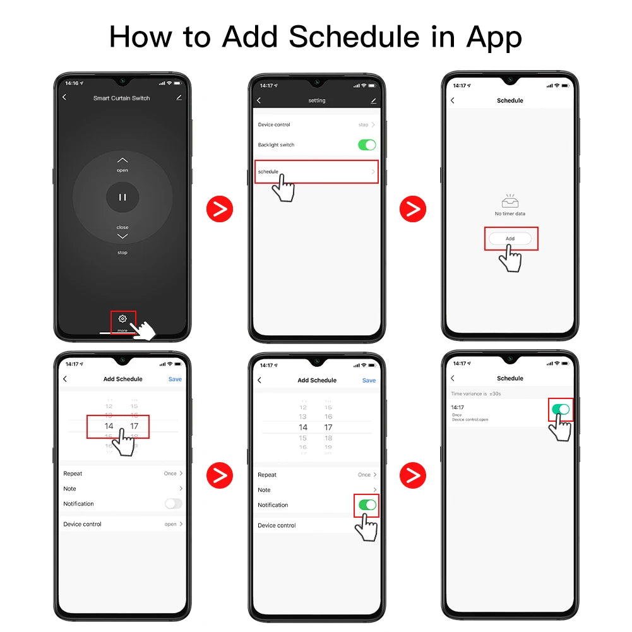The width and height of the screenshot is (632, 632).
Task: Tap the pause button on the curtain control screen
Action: pyautogui.click(x=122, y=197)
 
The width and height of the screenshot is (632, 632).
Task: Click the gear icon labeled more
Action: pyautogui.click(x=122, y=319)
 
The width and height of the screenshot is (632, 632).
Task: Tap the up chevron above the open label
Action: pyautogui.click(x=122, y=160)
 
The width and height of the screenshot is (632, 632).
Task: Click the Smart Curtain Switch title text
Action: pyautogui.click(x=121, y=98)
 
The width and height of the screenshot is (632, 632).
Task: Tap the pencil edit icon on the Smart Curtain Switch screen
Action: pyautogui.click(x=179, y=97)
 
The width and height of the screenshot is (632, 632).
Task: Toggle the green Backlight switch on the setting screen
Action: pyautogui.click(x=367, y=145)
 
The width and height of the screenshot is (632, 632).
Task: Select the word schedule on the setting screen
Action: pyautogui.click(x=268, y=172)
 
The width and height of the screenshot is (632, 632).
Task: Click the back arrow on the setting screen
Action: pyautogui.click(x=259, y=100)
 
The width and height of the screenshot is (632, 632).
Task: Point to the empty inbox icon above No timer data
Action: pyautogui.click(x=510, y=201)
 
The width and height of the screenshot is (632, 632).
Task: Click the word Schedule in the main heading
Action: pyautogui.click(x=352, y=37)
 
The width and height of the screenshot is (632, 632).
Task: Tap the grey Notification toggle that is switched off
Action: pyautogui.click(x=173, y=504)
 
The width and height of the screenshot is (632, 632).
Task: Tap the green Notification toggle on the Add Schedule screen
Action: pyautogui.click(x=367, y=504)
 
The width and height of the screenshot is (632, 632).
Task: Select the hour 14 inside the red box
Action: pyautogui.click(x=109, y=426)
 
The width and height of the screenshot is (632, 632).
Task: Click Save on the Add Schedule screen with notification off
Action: pyautogui.click(x=175, y=379)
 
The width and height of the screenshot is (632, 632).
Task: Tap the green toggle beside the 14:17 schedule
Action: pyautogui.click(x=561, y=409)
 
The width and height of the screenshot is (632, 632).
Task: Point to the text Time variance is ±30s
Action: pyautogui.click(x=476, y=393)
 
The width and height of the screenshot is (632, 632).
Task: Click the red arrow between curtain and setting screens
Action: pyautogui.click(x=220, y=209)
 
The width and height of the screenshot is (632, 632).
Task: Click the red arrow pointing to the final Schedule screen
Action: pyautogui.click(x=413, y=475)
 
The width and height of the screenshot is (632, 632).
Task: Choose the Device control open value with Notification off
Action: pyautogui.click(x=171, y=524)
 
